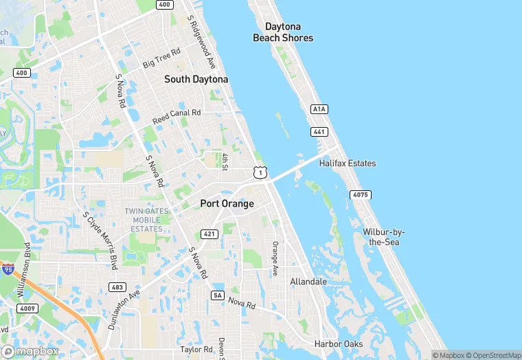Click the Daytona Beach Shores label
tap(283, 32)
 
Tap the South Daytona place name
tap(196, 80)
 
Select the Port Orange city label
tap(227, 203)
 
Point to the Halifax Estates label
tap(348, 164)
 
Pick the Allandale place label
tap(308, 282)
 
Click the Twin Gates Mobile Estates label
tap(146, 220)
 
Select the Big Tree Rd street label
tap(161, 58)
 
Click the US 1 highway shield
tap(259, 172)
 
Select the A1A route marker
tap(319, 109)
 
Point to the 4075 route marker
tap(360, 195)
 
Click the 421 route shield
tap(209, 234)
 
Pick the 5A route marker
tap(218, 295)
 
